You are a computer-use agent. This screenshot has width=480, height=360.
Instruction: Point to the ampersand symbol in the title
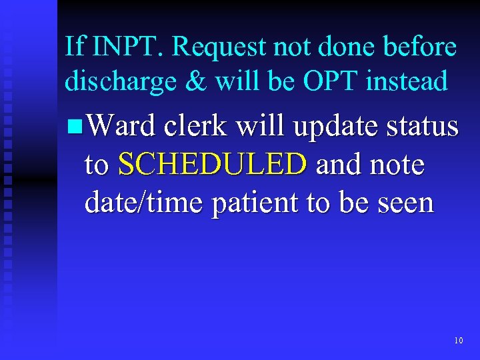(x=193, y=81)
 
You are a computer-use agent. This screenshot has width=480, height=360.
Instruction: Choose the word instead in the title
(x=407, y=81)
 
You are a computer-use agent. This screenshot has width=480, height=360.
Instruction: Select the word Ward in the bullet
(x=119, y=125)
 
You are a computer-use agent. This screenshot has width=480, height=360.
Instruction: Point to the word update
(x=329, y=127)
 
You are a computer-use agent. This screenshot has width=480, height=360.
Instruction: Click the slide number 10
(x=458, y=341)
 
